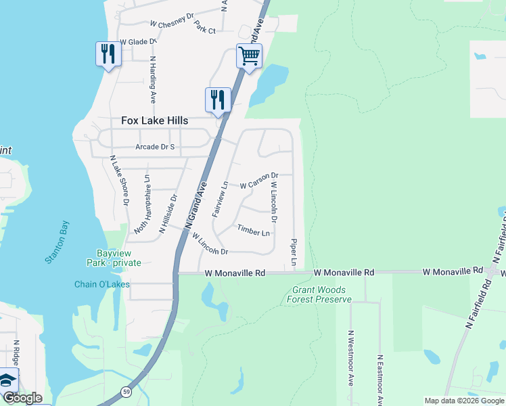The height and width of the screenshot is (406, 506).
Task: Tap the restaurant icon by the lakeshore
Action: (x=108, y=54)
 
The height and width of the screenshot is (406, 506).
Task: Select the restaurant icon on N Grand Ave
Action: (x=218, y=99)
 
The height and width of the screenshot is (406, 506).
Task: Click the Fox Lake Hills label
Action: (x=154, y=120)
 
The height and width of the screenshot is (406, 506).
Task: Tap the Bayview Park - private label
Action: (x=114, y=258)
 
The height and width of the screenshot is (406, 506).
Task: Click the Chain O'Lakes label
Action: (x=101, y=284)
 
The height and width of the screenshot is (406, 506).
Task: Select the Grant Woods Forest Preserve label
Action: (x=319, y=294)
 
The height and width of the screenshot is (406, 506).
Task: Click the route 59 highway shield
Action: (x=126, y=392)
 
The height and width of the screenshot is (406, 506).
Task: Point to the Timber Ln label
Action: (x=253, y=231)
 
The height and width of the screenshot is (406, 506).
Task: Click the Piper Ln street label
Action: (x=294, y=251)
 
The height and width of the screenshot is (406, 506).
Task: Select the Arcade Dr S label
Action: (x=155, y=147)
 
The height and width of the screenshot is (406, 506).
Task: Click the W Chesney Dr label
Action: (x=172, y=23)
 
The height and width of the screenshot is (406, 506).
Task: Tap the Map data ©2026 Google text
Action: (x=463, y=401)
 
